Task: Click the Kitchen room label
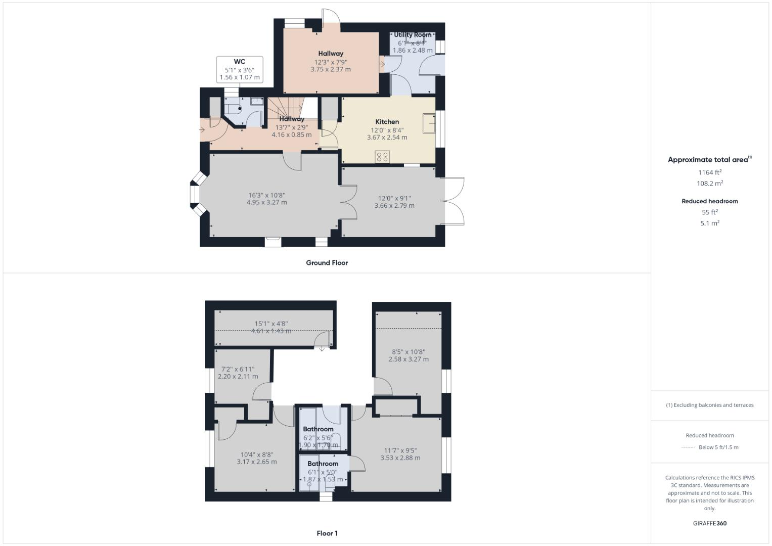click(387, 122)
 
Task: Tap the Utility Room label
click(413, 35)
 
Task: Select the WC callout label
click(240, 62)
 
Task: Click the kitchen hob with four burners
click(382, 157)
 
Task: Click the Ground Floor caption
click(327, 263)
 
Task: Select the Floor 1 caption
click(327, 533)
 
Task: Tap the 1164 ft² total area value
click(709, 172)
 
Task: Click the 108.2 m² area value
click(709, 184)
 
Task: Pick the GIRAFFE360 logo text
click(709, 523)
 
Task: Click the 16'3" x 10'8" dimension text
click(266, 195)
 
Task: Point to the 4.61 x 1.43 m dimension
click(271, 331)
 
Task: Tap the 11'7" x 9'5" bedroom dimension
click(400, 450)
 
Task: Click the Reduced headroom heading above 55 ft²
click(709, 201)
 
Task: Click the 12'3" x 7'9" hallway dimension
click(331, 62)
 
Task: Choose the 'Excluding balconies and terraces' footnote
click(709, 405)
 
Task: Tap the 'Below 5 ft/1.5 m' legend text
click(718, 447)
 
